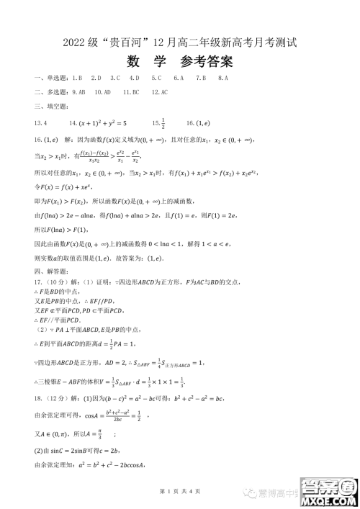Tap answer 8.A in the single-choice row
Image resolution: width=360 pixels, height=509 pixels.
click(x=222, y=78)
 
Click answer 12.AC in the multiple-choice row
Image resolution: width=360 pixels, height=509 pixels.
click(x=160, y=92)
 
